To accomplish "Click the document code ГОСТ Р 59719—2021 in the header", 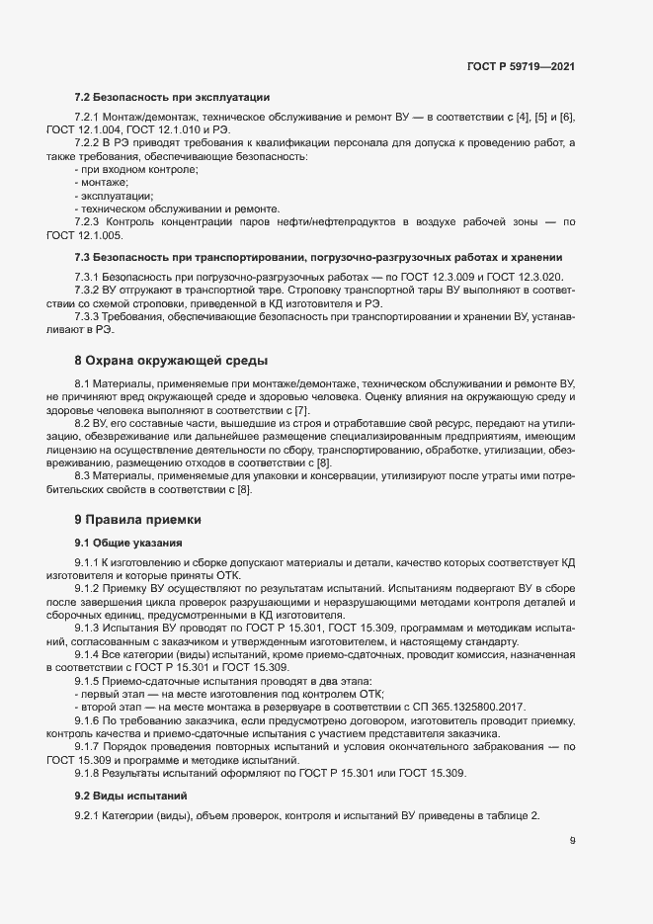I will click(x=521, y=66).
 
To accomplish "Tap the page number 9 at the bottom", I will click(x=572, y=841).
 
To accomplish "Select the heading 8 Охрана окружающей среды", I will click(x=171, y=360).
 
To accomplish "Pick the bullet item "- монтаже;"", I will click(x=101, y=183).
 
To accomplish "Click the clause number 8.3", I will click(x=83, y=476).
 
